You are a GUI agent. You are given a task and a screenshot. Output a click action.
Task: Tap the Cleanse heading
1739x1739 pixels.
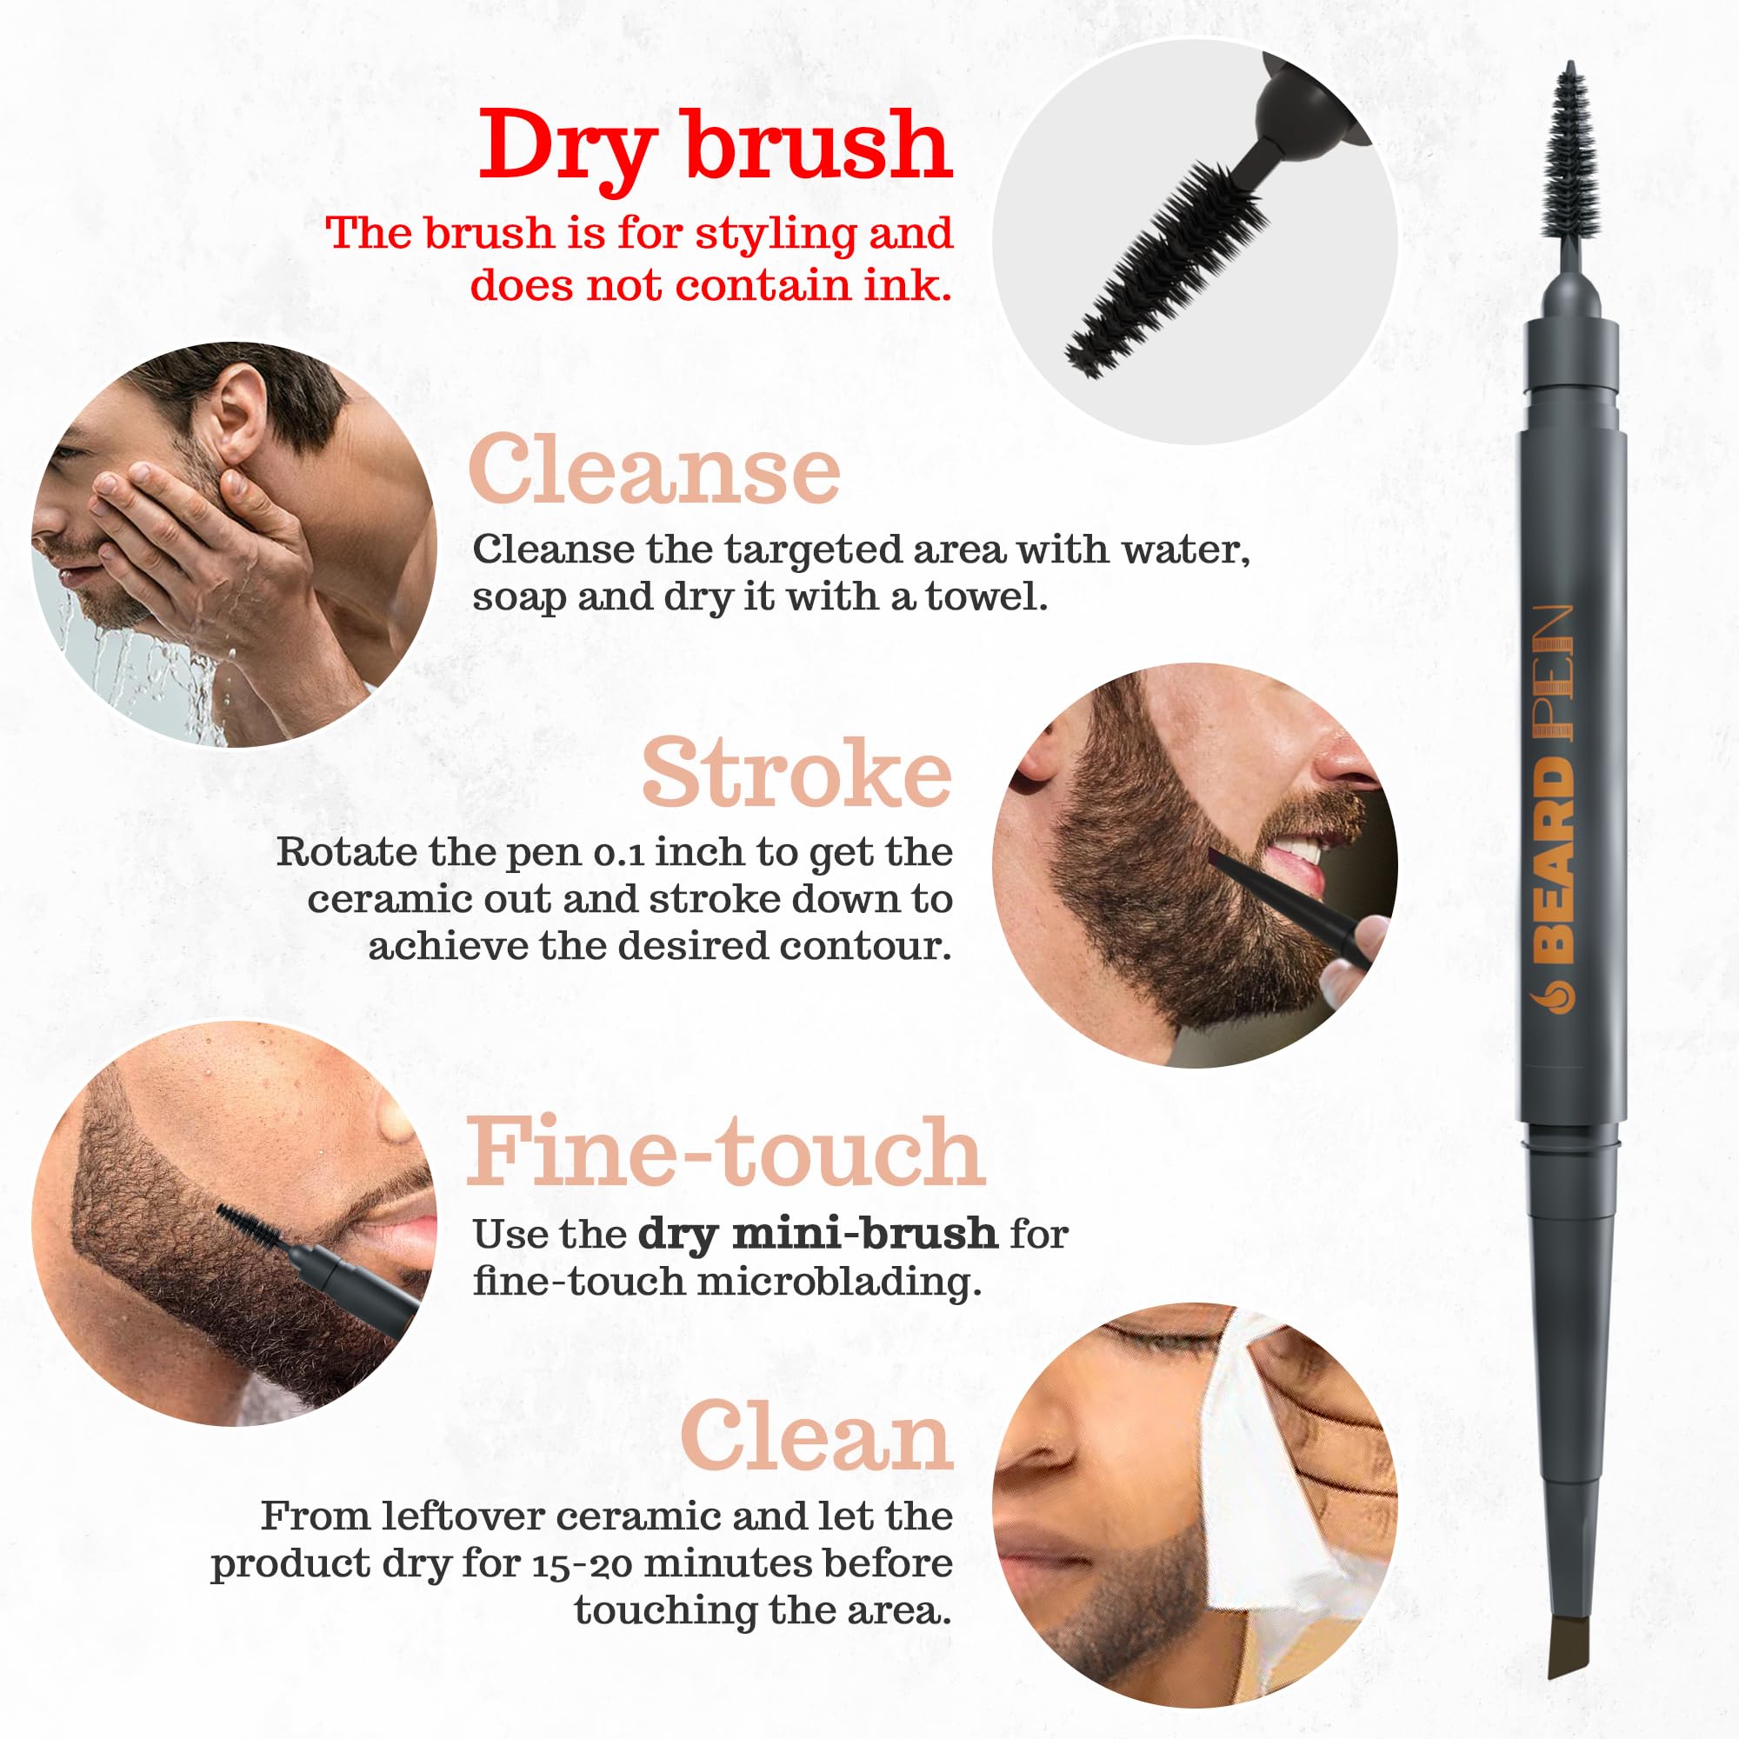(x=655, y=470)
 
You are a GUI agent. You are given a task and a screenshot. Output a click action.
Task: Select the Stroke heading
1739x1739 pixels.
(x=796, y=772)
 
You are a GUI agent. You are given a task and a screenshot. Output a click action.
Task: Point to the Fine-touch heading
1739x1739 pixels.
(x=725, y=1152)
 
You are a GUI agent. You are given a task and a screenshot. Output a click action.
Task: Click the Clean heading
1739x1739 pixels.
(x=816, y=1437)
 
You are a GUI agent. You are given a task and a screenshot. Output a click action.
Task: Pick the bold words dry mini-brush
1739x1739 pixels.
(x=817, y=1234)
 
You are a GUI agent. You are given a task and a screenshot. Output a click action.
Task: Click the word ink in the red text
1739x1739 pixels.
(x=919, y=286)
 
